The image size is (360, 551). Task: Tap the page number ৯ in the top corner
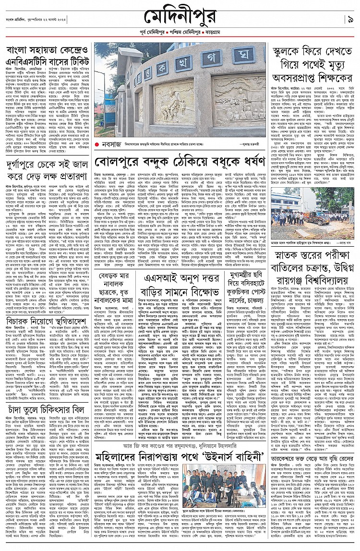350,20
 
